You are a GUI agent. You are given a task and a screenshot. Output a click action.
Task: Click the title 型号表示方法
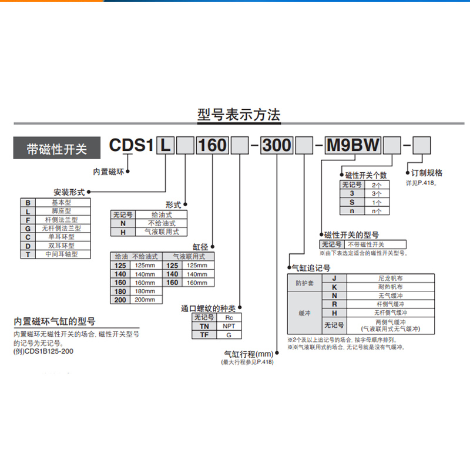tap(239, 114)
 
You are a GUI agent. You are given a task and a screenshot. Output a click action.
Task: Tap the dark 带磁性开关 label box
tap(57, 149)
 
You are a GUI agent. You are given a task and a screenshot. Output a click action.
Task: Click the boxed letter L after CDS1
tap(165, 146)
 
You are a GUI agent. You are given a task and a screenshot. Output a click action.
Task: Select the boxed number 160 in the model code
tap(212, 146)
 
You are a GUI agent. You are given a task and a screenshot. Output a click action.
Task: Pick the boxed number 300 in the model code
tap(276, 146)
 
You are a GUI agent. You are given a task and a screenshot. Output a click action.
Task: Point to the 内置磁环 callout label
tap(109, 172)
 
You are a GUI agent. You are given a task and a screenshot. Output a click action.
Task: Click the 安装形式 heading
tap(69, 192)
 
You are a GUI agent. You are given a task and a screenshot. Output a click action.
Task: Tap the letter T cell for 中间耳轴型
tap(26, 254)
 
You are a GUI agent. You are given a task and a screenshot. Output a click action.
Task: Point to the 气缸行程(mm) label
tap(250, 354)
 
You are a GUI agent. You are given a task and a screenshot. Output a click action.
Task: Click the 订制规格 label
tap(428, 173)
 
